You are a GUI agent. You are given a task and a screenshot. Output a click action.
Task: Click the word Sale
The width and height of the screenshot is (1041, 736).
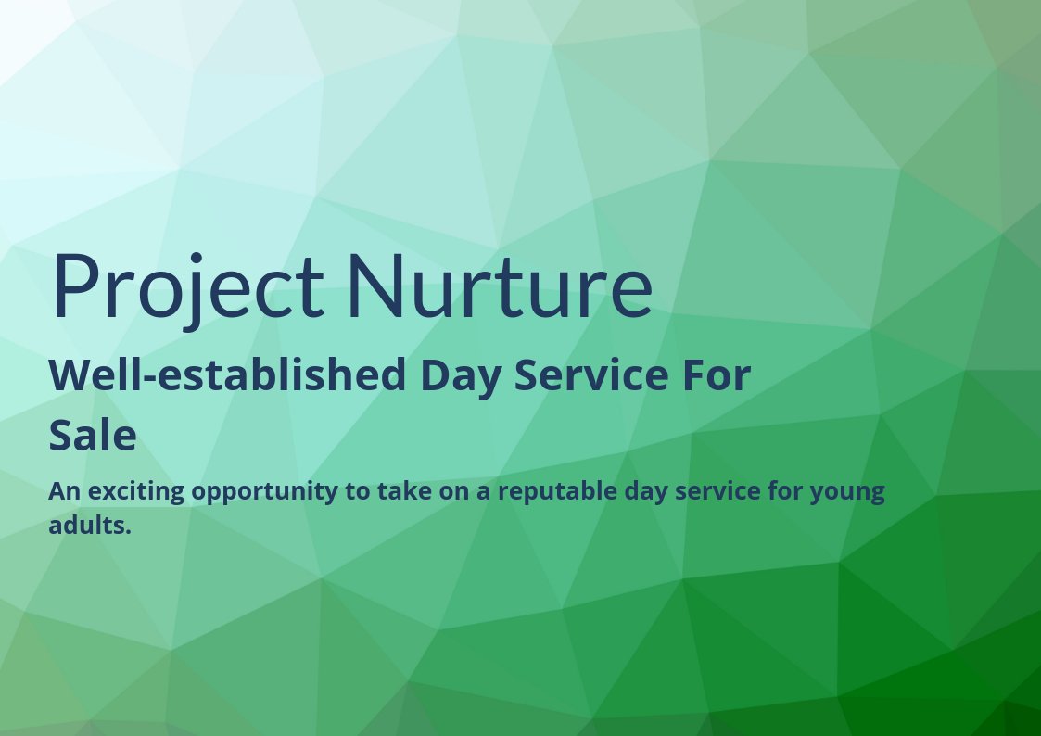pyautogui.click(x=93, y=436)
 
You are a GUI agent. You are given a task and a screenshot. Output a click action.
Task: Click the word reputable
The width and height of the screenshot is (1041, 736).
pyautogui.click(x=555, y=491)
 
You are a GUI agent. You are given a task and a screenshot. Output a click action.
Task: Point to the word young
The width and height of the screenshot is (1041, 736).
pyautogui.click(x=847, y=492)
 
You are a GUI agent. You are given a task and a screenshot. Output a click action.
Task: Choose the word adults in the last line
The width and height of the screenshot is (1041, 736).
pyautogui.click(x=86, y=526)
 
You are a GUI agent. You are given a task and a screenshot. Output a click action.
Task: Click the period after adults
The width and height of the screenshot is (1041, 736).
pyautogui.click(x=128, y=532)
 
